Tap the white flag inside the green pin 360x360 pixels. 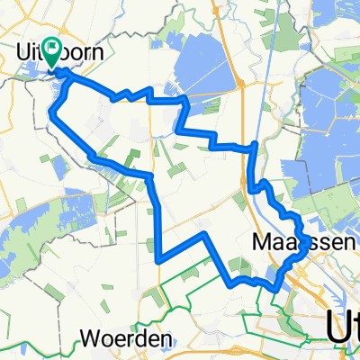tap(56, 50)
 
